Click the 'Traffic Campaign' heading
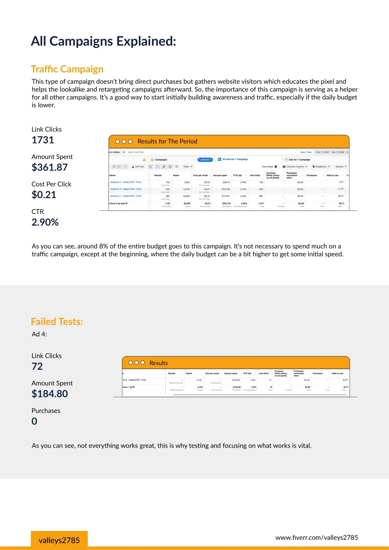67,69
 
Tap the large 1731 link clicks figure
43,140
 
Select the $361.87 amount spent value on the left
50,167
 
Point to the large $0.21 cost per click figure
44,195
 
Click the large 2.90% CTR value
45,222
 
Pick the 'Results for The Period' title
167,141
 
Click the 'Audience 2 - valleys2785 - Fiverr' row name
126,182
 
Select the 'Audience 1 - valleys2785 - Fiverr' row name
126,196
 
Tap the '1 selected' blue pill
205,160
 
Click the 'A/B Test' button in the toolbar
138,167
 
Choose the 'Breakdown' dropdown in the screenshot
321,167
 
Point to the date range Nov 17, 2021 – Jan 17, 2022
330,152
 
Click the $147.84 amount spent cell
226,189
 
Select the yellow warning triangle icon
144,160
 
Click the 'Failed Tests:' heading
57,322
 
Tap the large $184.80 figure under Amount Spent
50,394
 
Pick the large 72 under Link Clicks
37,366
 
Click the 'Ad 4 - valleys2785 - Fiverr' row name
135,380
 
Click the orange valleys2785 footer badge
59,540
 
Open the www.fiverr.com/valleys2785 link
317,538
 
